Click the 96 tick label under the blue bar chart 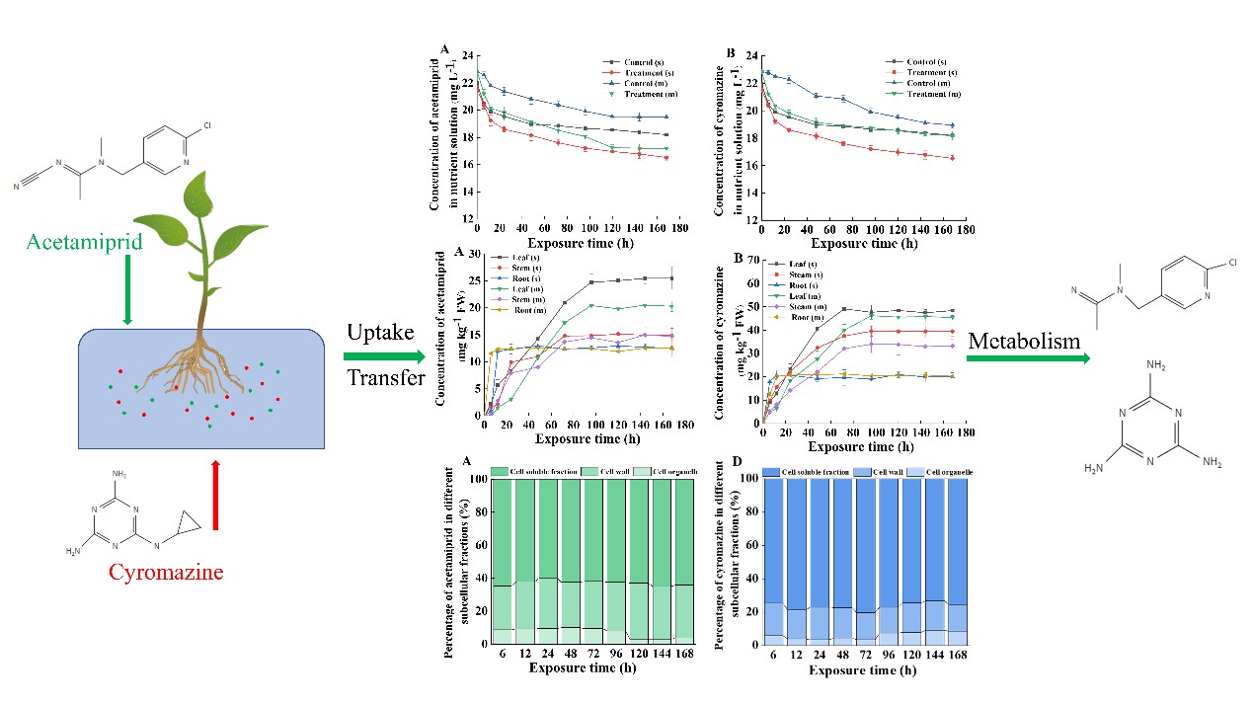(x=887, y=654)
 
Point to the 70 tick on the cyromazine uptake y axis (x=750, y=262)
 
